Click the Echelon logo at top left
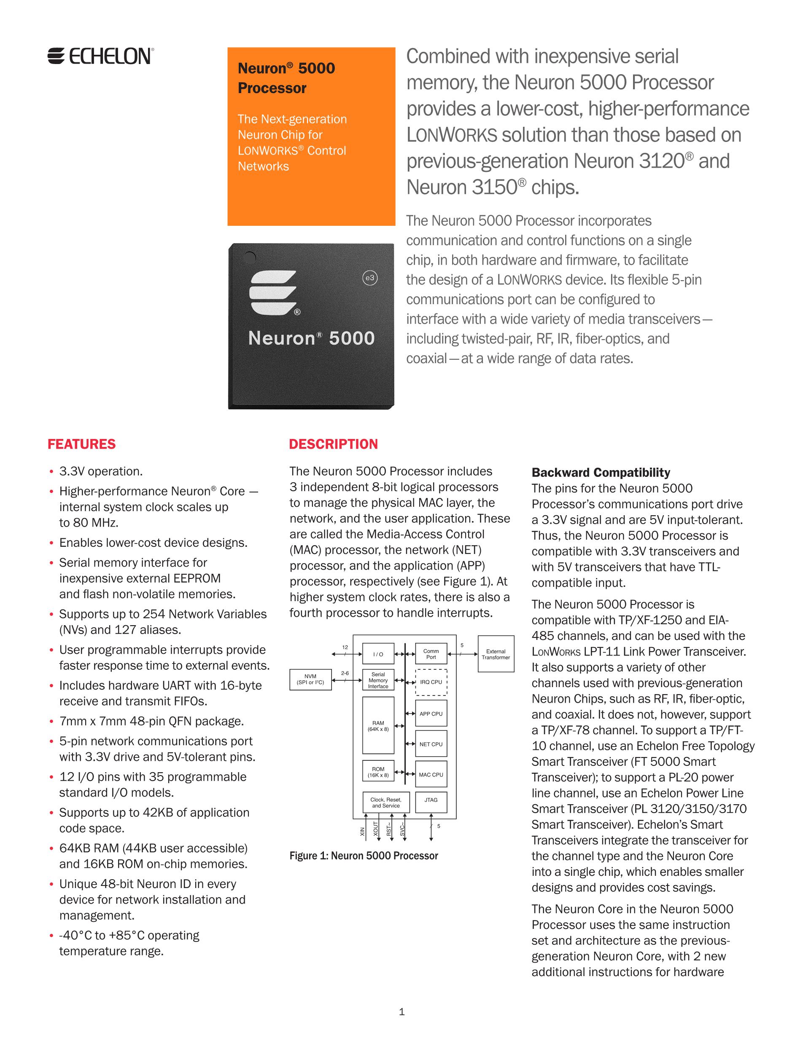[100, 56]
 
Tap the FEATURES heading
[81, 444]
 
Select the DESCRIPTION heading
[333, 444]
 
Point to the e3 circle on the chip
[369, 278]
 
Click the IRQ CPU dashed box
[431, 682]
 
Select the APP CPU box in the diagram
[431, 713]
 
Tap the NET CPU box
[431, 744]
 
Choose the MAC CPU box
[431, 774]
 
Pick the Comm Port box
[431, 654]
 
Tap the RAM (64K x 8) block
[378, 725]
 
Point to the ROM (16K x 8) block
[378, 772]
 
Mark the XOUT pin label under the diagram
[376, 829]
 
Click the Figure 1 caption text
[364, 856]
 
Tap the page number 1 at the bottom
[401, 1011]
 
